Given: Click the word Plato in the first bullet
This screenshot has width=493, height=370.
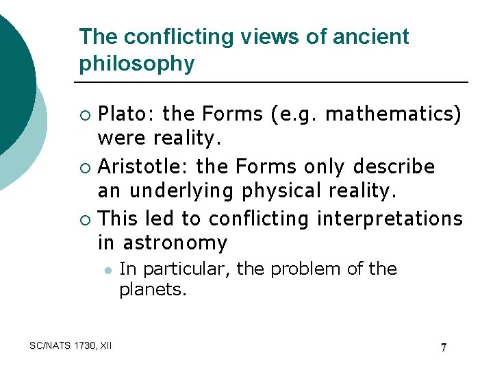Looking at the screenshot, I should [120, 114].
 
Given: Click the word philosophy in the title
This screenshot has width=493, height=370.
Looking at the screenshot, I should [137, 64].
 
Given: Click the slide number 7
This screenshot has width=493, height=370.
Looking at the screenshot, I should [444, 347].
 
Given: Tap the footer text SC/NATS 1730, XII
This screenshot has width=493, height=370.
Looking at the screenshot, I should [71, 345].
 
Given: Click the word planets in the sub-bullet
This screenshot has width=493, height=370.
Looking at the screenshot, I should [151, 289].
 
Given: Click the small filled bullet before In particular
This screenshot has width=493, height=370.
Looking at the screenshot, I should [108, 270].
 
